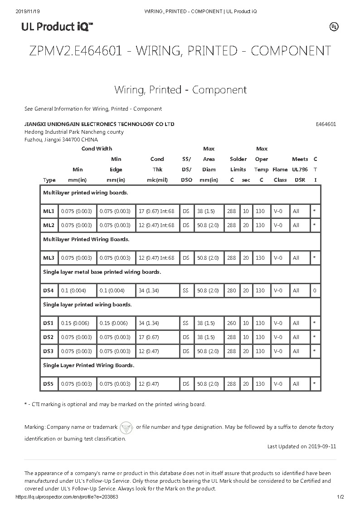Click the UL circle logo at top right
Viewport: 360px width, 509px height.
coord(334,27)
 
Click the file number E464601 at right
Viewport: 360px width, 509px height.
coord(326,124)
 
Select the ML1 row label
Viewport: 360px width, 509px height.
coord(49,211)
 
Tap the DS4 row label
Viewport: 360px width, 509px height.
coord(49,291)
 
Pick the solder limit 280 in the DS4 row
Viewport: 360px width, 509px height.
coord(231,291)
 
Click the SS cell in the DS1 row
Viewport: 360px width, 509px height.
coord(185,323)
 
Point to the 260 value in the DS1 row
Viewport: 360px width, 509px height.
coord(231,323)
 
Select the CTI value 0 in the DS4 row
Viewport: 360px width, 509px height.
coord(315,291)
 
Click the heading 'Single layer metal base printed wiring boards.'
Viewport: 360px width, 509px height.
coord(102,272)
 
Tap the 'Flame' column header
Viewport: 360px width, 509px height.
coord(280,170)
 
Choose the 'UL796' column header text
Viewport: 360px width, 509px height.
coord(300,170)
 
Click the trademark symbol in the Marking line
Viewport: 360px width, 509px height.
coord(127,427)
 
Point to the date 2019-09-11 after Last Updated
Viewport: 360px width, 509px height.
coord(322,446)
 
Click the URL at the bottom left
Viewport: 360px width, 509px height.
coord(67,497)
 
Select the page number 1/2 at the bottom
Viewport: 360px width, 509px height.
coord(341,497)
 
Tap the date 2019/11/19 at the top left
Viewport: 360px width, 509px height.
coord(28,11)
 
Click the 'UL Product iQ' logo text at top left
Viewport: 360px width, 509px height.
coord(57,27)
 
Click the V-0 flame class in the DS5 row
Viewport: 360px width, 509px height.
coord(277,384)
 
